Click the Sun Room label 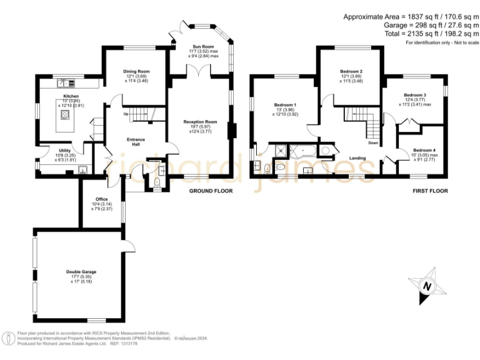coord(203,46)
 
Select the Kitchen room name coord(71,96)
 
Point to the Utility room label coord(64,151)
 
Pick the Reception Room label coord(200,122)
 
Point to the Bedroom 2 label coord(351,71)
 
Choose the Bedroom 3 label coord(415,94)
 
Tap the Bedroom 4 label coord(424,150)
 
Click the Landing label coord(357,158)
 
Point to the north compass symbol coord(427,287)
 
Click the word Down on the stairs coord(372,143)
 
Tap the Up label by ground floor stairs coord(126,114)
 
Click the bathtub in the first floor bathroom coord(303,150)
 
